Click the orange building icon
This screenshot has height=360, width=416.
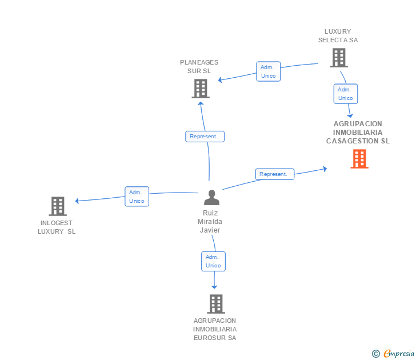[359, 159]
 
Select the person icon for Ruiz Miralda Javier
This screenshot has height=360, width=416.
[211, 198]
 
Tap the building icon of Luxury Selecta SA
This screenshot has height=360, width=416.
[338, 58]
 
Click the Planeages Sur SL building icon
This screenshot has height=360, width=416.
[200, 89]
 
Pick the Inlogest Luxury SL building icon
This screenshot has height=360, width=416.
[57, 206]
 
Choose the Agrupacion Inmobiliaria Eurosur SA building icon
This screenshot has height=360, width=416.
[215, 303]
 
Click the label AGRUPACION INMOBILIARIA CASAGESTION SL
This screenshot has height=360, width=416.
[358, 133]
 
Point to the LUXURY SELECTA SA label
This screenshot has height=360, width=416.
[338, 36]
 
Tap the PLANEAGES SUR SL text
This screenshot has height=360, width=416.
[199, 67]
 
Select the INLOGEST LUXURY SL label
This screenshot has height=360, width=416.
[57, 227]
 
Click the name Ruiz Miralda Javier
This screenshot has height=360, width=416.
[210, 222]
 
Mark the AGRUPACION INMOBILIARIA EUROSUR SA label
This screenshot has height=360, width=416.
[215, 329]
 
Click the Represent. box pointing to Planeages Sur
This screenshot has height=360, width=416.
[205, 137]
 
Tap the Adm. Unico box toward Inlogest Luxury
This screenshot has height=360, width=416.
[137, 197]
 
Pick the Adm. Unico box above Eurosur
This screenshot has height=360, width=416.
[213, 261]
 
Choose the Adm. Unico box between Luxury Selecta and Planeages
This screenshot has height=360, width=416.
[268, 71]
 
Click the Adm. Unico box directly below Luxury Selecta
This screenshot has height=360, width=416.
[346, 94]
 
